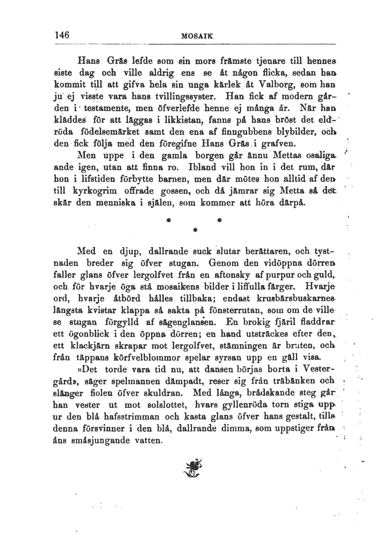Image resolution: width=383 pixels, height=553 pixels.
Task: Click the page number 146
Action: pos(63,35)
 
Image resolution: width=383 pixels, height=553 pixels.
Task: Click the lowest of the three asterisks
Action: pos(195,230)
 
